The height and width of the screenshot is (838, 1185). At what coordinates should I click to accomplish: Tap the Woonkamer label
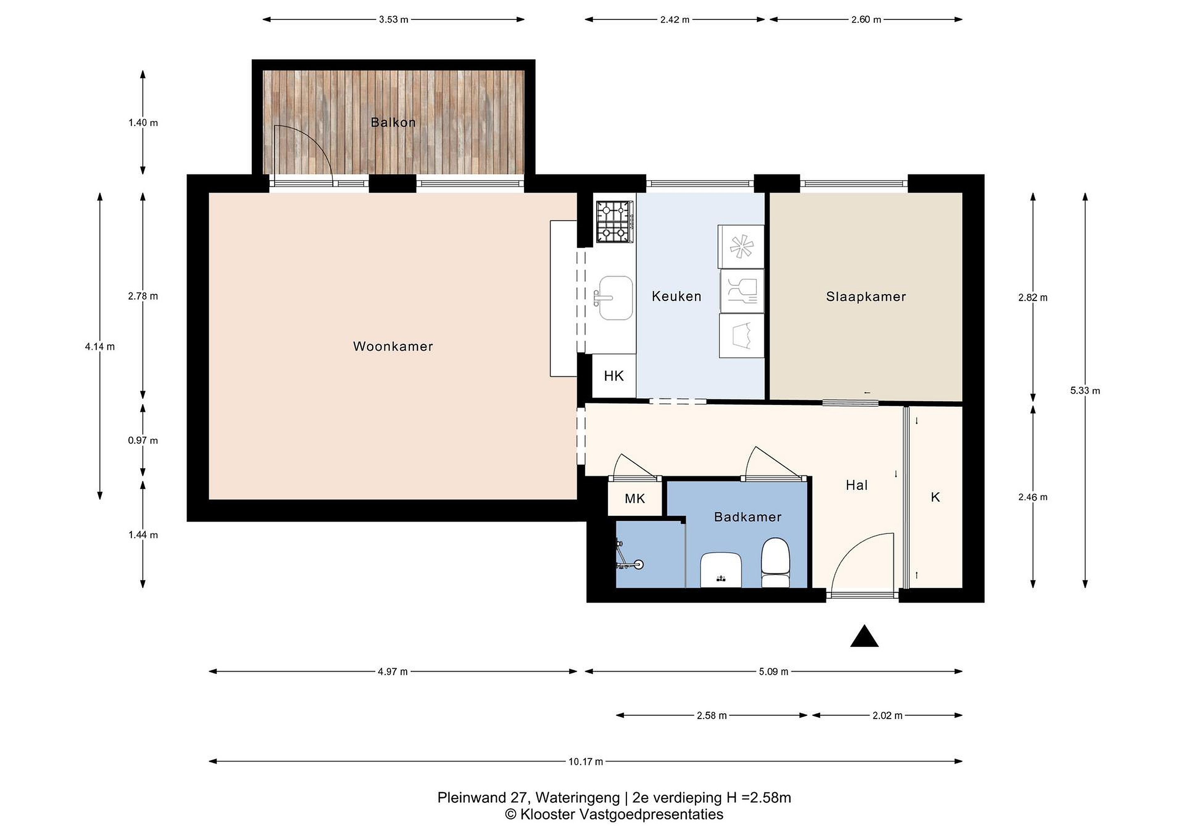[393, 346]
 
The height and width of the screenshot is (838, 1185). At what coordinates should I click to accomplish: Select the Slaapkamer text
[866, 297]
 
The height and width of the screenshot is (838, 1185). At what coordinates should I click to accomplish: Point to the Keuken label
[676, 296]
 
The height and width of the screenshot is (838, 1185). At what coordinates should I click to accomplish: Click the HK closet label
[613, 376]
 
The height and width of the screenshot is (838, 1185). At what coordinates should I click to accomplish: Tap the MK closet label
[635, 499]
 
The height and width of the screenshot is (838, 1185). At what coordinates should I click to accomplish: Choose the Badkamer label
[748, 517]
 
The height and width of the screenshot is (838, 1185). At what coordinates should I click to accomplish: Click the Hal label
[857, 485]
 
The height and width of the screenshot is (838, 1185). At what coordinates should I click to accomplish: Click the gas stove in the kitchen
[615, 222]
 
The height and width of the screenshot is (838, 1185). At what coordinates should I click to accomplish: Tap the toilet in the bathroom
[775, 562]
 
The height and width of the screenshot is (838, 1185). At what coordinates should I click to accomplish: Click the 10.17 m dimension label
[586, 761]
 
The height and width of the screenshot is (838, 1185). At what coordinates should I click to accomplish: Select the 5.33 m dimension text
[1085, 391]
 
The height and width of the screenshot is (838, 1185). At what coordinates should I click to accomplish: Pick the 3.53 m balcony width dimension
[393, 20]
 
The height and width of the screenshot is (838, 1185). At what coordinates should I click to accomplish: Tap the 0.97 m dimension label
[143, 441]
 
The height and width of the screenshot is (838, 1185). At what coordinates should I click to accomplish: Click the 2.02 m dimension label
[888, 716]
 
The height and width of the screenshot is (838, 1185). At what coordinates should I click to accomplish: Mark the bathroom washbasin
[721, 570]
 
